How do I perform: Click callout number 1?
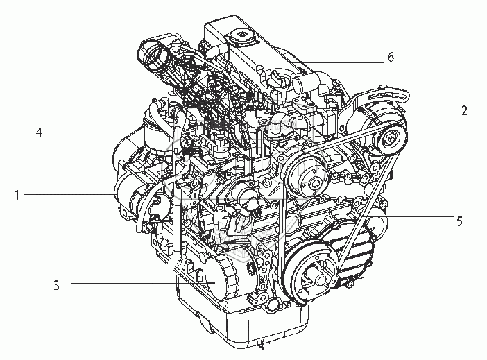17,195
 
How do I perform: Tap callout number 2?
464,110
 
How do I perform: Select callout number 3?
56,284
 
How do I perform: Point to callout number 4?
39,132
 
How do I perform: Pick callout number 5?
459,221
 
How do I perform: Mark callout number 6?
391,57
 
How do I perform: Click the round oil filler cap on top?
241,36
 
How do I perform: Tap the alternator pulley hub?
389,137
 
